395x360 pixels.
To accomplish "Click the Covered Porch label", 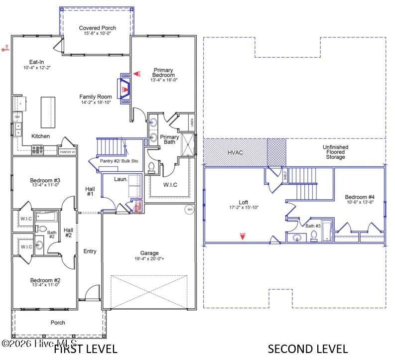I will [x=98, y=28].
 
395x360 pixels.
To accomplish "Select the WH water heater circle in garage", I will [x=190, y=210].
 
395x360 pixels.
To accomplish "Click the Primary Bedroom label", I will [x=164, y=73].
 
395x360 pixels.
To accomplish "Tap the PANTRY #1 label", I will [x=67, y=151].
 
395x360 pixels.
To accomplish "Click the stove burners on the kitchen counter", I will [x=38, y=148].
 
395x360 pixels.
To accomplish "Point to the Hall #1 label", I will [x=90, y=192].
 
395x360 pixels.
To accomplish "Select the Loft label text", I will [x=243, y=202].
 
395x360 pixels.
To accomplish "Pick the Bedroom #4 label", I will [x=360, y=197].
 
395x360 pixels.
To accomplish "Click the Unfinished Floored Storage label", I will [x=335, y=152].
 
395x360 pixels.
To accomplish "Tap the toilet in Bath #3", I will [x=314, y=237].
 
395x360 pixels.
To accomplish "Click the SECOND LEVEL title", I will [x=308, y=349].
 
